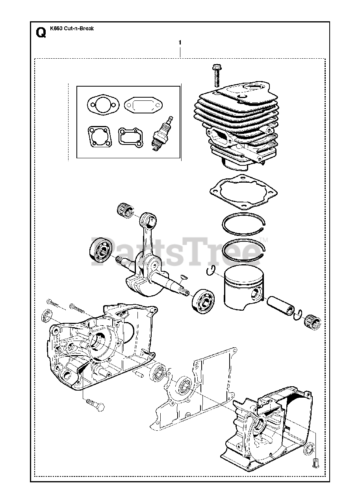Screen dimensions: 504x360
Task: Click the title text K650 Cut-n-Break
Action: tap(72, 29)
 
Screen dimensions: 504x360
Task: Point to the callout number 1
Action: tap(180, 42)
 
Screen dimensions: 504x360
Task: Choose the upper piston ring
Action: tap(243, 226)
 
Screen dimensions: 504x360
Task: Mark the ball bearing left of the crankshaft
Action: tap(101, 250)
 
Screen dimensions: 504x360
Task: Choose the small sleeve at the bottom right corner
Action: tap(315, 463)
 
